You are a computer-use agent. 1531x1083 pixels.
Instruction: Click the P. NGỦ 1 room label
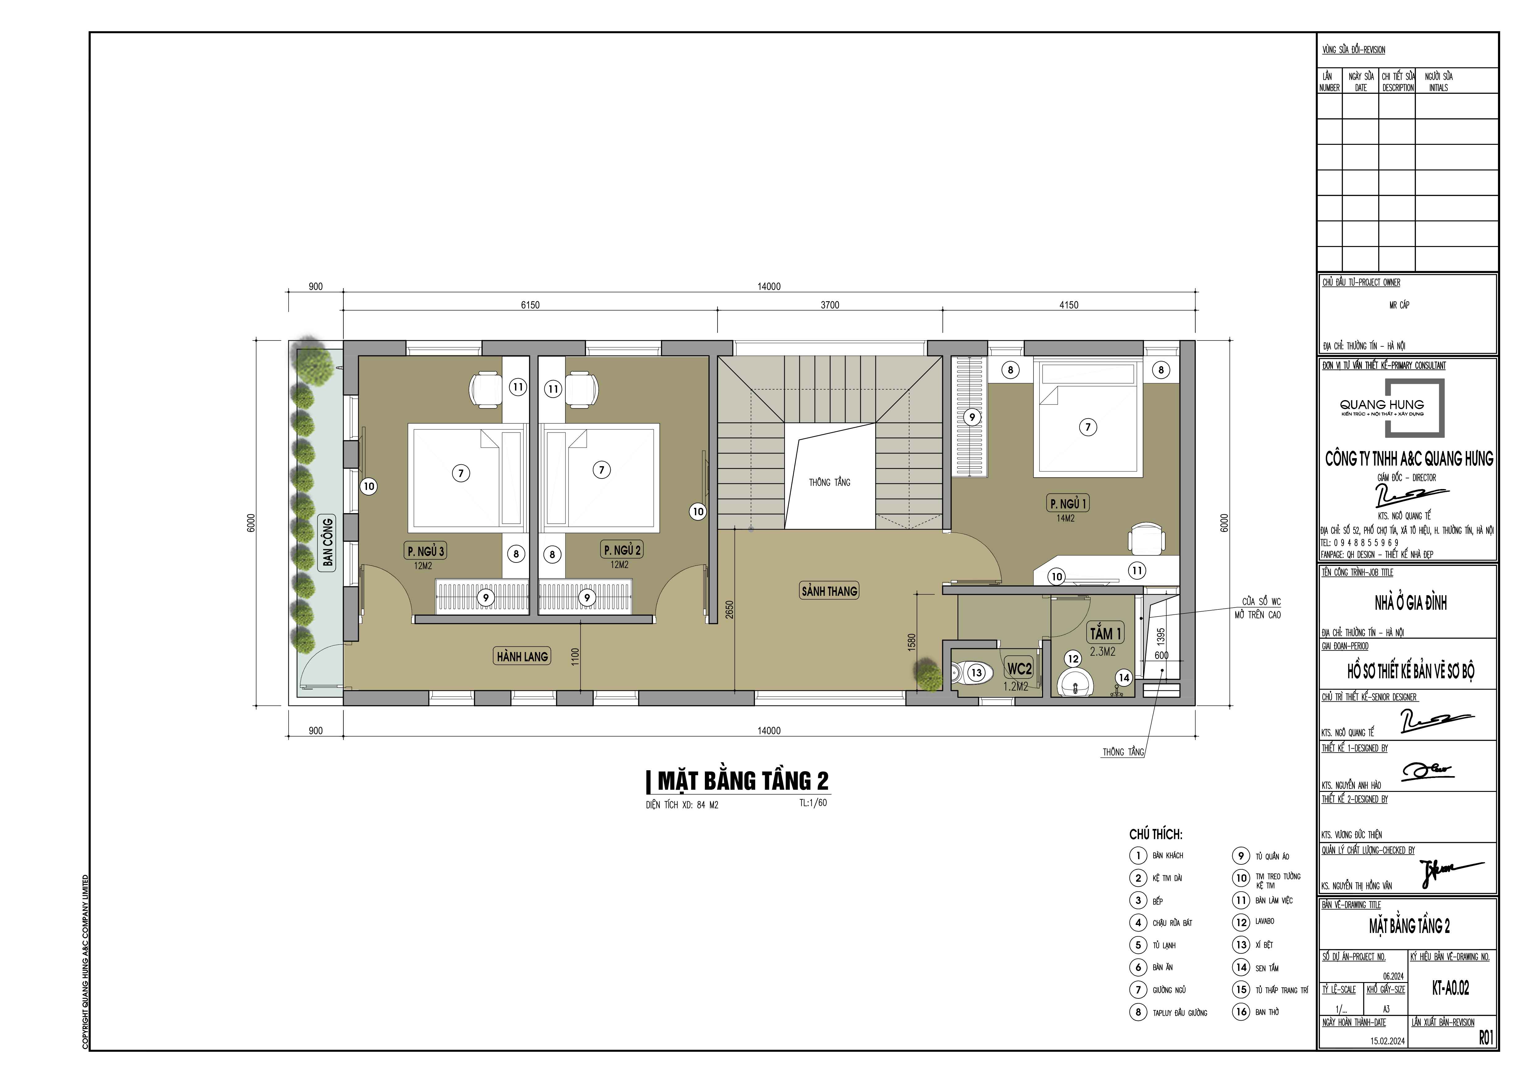click(1068, 504)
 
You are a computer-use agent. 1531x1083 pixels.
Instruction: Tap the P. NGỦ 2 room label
click(622, 550)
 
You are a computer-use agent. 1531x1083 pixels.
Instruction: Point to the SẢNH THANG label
click(829, 591)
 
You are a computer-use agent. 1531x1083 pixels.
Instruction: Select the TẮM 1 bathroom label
click(1105, 633)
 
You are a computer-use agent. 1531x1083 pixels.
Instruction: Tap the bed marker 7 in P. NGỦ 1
click(1088, 427)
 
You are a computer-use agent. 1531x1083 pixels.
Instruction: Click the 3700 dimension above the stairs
click(830, 305)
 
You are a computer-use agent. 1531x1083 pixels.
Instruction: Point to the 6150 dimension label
click(530, 305)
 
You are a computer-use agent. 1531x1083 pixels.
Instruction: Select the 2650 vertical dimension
click(730, 609)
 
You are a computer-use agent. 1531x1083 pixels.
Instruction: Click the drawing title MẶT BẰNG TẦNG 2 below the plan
click(742, 780)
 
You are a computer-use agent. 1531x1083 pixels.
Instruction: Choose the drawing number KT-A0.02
click(1450, 988)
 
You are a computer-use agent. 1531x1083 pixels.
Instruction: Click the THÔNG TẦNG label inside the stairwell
click(830, 482)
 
